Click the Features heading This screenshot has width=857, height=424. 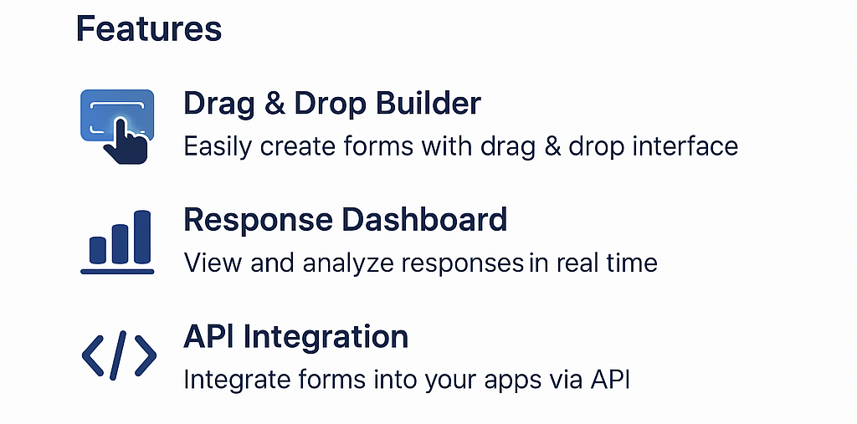[x=149, y=29]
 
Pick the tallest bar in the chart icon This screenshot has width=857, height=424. [x=143, y=235]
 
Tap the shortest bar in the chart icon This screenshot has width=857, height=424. [x=97, y=248]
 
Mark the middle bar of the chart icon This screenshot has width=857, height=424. [x=120, y=242]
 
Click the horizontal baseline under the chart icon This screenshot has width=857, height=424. [x=117, y=270]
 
